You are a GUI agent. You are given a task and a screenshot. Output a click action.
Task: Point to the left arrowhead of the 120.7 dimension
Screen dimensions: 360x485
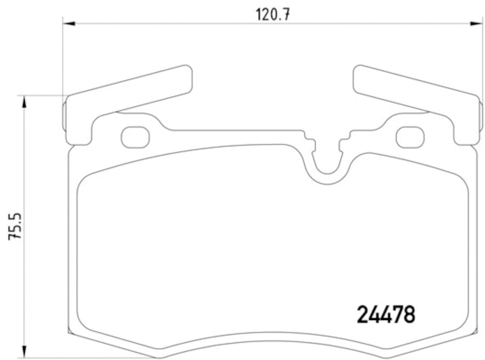point(69,24)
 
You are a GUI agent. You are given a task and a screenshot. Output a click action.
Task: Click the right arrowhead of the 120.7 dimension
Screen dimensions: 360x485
point(478,24)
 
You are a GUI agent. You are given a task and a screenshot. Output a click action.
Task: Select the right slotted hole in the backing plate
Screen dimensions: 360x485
point(410,137)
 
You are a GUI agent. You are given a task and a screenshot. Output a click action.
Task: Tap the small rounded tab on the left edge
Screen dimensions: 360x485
point(65,115)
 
